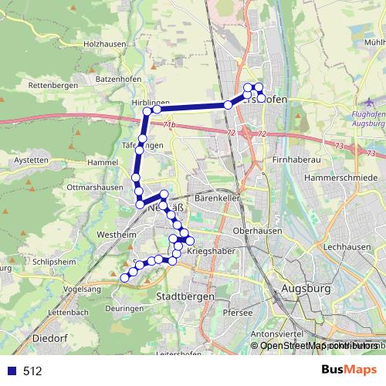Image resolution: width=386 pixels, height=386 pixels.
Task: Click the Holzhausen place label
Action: (x=104, y=44)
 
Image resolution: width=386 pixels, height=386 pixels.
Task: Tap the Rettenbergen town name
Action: (x=52, y=85)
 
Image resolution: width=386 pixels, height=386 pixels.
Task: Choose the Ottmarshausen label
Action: (x=95, y=187)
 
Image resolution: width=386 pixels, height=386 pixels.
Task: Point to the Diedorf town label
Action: (x=51, y=338)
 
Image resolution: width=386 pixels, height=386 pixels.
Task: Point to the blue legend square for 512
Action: (x=10, y=371)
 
